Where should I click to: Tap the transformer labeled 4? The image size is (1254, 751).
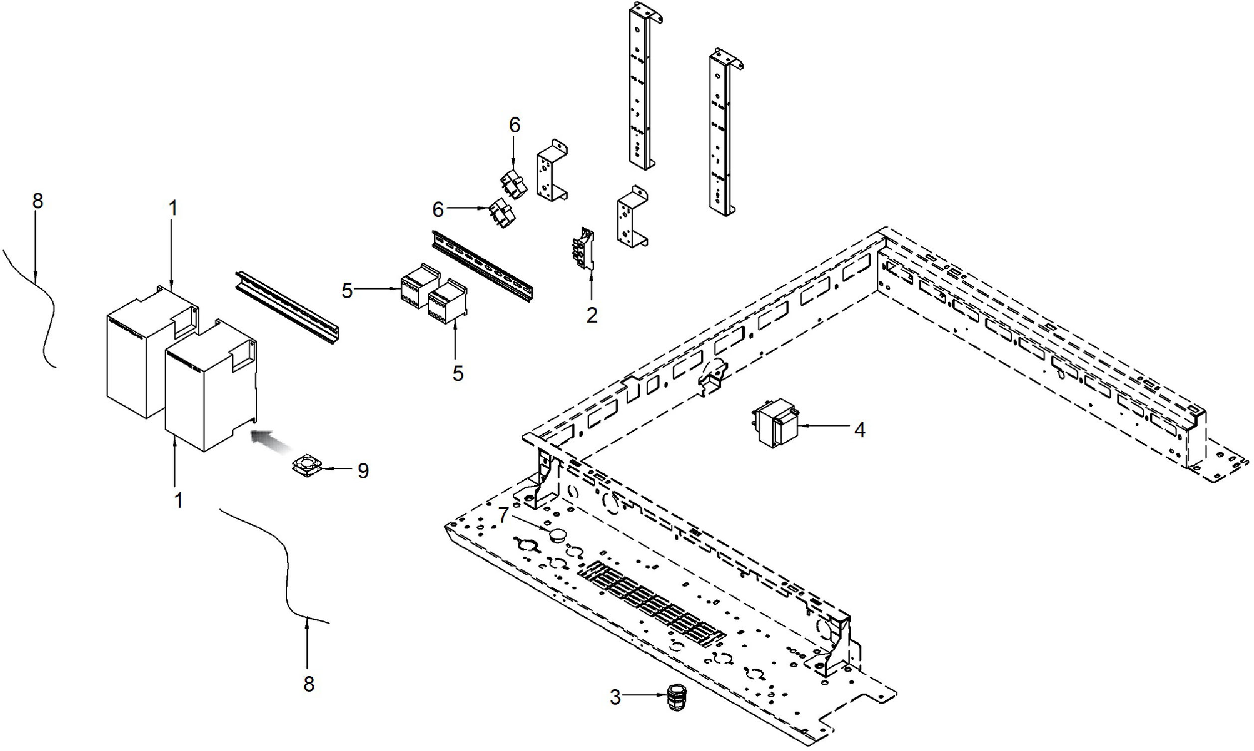(774, 423)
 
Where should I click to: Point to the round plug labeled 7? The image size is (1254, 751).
(558, 534)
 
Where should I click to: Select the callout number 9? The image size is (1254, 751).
(363, 471)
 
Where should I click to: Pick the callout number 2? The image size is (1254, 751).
(592, 315)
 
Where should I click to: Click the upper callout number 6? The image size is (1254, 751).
(514, 126)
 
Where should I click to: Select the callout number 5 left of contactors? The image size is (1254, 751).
(347, 291)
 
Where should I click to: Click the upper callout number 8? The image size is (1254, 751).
(38, 201)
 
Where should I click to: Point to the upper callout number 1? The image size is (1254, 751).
(173, 208)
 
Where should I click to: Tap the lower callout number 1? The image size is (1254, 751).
(178, 501)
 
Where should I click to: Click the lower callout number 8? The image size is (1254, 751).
(309, 684)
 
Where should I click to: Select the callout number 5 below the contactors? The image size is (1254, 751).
(457, 374)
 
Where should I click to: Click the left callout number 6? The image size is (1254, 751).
(438, 209)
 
